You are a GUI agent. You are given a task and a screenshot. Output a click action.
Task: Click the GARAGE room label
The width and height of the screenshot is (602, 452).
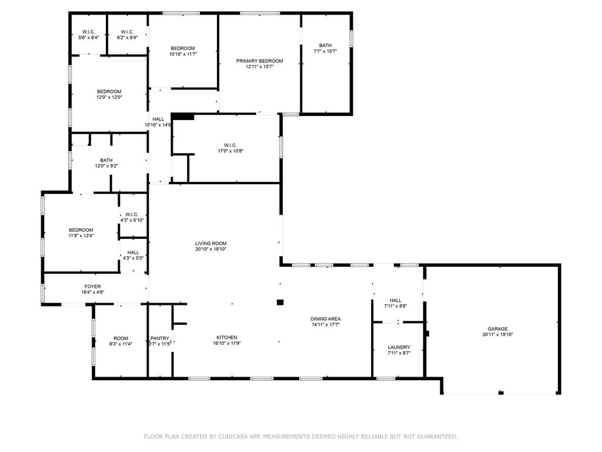point(497,328)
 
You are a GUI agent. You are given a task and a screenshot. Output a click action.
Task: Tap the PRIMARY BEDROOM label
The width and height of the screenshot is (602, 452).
point(259,61)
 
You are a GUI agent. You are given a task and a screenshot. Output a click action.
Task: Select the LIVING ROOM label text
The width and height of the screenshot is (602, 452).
point(211,243)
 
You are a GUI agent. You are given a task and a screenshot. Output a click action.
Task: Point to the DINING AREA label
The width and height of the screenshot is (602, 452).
point(326,318)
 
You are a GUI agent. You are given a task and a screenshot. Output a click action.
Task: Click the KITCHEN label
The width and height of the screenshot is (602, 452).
point(227,337)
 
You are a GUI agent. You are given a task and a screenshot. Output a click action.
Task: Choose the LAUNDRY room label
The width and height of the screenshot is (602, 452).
point(399,347)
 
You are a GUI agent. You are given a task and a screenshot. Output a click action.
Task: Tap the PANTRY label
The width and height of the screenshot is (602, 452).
point(160,338)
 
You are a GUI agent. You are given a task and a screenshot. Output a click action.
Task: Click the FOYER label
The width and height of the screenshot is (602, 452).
point(92,287)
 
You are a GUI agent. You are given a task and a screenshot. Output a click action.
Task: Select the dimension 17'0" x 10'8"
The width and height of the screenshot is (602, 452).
point(230,151)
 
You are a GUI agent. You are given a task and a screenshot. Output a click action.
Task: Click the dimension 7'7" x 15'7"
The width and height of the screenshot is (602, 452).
point(325,51)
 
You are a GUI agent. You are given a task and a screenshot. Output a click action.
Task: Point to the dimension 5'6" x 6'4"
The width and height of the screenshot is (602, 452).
point(89,38)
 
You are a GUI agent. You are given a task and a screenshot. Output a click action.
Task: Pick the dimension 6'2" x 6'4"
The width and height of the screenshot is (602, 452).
point(127,38)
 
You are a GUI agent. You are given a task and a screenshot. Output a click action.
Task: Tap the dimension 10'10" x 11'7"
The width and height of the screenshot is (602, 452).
point(183,54)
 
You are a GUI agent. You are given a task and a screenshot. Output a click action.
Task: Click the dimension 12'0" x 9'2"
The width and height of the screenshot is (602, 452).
point(106,166)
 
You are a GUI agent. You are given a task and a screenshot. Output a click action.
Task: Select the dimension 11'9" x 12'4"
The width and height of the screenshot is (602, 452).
point(81,235)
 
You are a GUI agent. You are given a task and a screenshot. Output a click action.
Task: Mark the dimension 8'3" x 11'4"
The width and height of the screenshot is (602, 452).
point(121,344)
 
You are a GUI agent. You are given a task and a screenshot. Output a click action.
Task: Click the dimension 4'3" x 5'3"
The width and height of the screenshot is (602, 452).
point(133,258)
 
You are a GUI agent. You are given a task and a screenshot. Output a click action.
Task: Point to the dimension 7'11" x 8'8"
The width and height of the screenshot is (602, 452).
point(396,306)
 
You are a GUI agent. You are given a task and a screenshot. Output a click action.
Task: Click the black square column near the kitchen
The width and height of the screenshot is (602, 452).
point(280,303)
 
